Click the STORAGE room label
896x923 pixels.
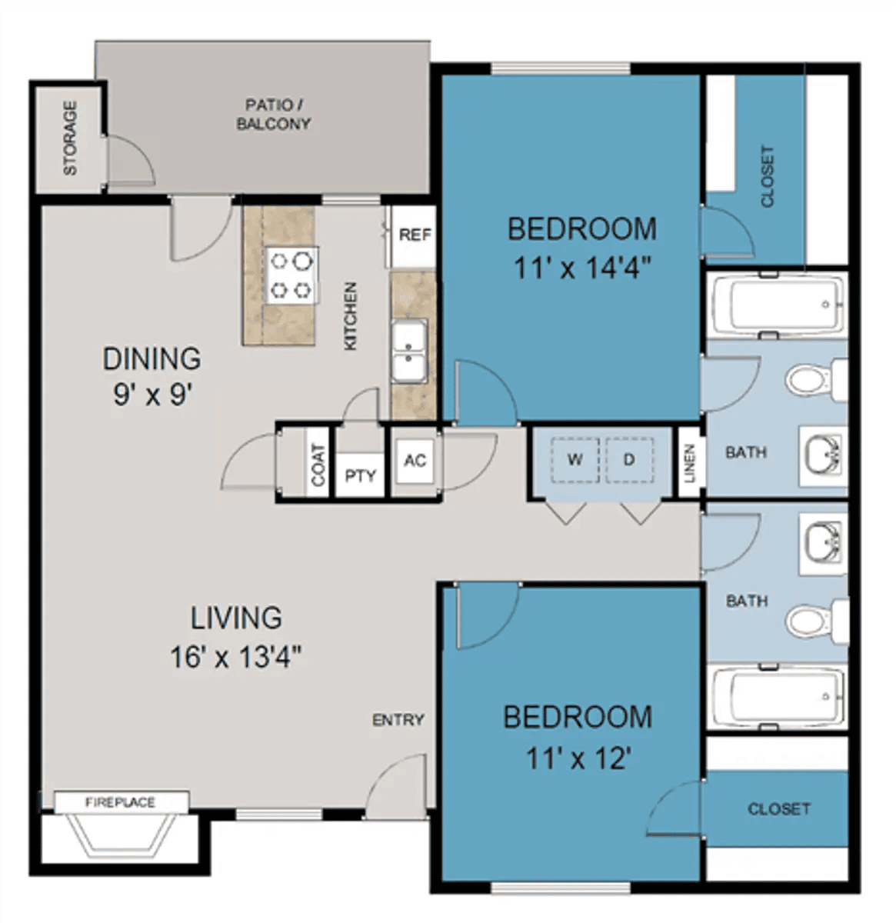70,138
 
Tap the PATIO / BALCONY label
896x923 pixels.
274,115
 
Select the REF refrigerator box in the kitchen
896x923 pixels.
413,235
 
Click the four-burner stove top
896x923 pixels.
291,275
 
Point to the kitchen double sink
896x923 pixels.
409,351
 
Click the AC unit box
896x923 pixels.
415,461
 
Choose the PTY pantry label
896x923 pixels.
361,475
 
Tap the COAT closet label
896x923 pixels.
318,465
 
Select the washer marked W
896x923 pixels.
575,460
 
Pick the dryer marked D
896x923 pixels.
629,460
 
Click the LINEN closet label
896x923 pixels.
690,463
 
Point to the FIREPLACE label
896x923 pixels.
121,802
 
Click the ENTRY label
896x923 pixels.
398,720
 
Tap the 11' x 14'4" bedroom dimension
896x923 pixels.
581,268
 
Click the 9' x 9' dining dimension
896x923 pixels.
152,395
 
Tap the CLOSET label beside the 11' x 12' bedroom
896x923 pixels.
779,808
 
